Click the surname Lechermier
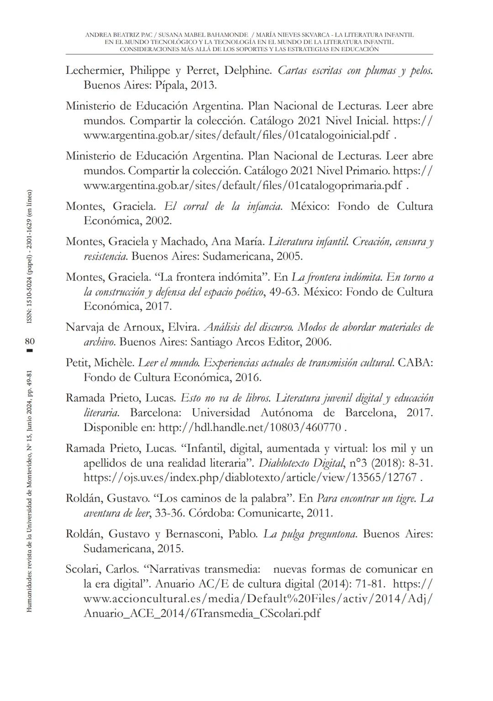click(94, 71)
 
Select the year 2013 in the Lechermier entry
click(203, 85)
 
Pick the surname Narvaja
click(86, 327)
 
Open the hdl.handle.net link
click(250, 428)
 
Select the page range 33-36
click(168, 513)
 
